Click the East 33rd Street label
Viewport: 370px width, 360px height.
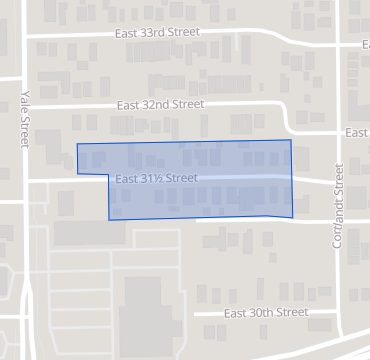click(x=156, y=31)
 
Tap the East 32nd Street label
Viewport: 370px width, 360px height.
click(x=160, y=104)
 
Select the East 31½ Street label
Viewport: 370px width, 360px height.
click(x=156, y=178)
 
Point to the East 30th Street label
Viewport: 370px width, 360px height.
click(x=265, y=312)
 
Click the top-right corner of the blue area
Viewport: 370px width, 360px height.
click(x=291, y=140)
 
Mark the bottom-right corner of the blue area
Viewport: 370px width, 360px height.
click(x=292, y=216)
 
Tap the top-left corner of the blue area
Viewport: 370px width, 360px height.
click(x=77, y=145)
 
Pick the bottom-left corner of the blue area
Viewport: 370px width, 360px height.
click(x=109, y=220)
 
